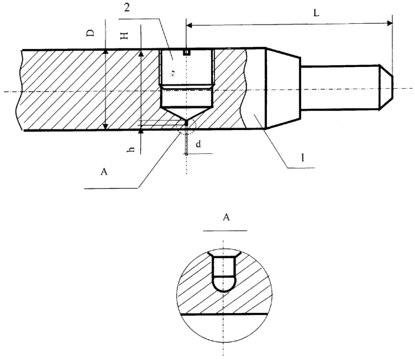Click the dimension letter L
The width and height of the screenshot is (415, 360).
[317, 13]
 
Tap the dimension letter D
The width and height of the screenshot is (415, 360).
[91, 33]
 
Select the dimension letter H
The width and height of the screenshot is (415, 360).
[124, 36]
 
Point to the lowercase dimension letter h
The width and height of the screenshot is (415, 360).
[131, 149]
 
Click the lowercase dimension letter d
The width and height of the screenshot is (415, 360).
[198, 144]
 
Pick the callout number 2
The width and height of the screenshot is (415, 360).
[127, 8]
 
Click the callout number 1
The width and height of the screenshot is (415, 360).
[302, 158]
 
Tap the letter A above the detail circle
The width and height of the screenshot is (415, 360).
[226, 218]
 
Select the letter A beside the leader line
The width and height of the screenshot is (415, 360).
[104, 172]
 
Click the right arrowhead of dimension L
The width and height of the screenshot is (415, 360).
[389, 23]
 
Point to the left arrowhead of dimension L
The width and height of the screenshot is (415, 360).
[189, 25]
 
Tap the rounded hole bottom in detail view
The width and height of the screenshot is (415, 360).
[224, 284]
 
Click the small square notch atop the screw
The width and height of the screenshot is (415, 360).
[187, 52]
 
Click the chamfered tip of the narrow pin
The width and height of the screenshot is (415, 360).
[386, 87]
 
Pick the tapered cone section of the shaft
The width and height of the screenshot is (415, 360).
[283, 88]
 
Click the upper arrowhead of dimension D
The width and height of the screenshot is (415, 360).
[106, 52]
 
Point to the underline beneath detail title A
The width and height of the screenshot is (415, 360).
[225, 231]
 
